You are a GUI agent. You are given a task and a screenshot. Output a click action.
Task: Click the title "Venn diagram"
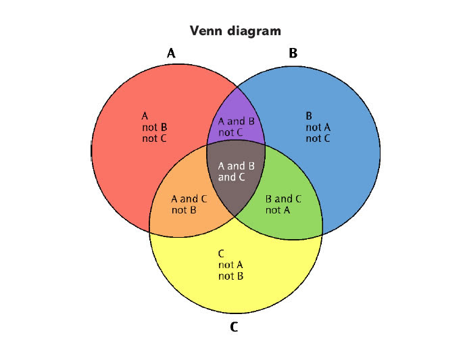click(235, 30)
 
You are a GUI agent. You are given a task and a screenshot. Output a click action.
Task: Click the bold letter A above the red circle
click(171, 53)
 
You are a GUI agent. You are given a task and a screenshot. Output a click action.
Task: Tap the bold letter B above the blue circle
click(293, 53)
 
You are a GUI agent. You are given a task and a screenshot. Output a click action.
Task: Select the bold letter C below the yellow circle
click(234, 328)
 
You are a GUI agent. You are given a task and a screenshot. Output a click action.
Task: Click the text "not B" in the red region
click(154, 127)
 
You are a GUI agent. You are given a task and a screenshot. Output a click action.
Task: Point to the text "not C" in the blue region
click(318, 138)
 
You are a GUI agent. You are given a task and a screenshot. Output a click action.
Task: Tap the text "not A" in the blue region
click(318, 127)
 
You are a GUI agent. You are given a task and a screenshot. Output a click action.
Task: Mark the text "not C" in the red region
click(154, 138)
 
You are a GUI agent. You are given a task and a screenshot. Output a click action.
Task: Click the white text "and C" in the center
click(231, 178)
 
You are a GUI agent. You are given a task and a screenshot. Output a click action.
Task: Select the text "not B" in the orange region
click(184, 210)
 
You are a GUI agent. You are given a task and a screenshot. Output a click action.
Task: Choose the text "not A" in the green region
click(278, 210)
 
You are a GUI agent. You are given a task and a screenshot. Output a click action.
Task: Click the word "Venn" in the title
click(205, 30)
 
